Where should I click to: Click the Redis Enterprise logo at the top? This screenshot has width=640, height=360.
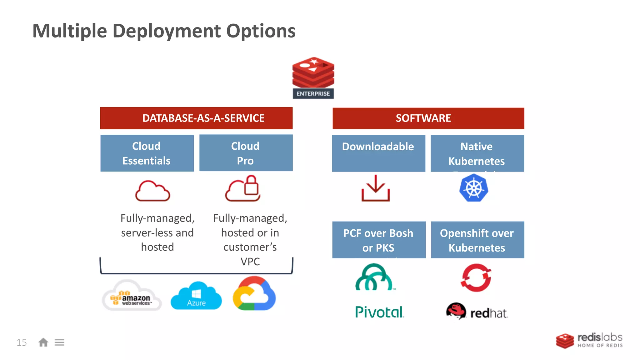(x=313, y=77)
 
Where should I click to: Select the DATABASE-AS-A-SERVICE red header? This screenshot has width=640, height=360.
(x=196, y=118)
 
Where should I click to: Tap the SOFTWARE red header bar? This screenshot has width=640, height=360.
(x=428, y=118)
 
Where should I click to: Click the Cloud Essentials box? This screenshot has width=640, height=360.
(x=147, y=153)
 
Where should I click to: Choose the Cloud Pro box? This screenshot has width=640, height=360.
(x=246, y=153)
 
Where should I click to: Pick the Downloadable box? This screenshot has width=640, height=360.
(x=378, y=153)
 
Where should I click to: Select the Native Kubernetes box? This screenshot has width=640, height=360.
(x=477, y=153)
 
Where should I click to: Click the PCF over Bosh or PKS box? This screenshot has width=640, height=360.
(x=379, y=240)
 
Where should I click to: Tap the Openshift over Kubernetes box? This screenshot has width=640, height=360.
(x=477, y=240)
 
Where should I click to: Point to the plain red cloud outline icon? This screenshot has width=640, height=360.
(x=152, y=191)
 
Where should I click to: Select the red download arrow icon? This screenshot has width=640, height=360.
(x=376, y=188)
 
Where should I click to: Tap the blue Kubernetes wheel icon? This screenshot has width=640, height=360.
(x=474, y=188)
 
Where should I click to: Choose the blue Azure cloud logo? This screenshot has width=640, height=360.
(x=196, y=296)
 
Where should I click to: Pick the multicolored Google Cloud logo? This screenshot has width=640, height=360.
(x=254, y=294)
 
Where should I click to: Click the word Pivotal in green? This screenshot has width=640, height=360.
(x=379, y=312)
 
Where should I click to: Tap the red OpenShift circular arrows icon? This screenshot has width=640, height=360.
(x=476, y=278)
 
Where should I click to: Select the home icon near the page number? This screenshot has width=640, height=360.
(x=43, y=342)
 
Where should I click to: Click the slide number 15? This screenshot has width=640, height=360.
(x=22, y=342)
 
